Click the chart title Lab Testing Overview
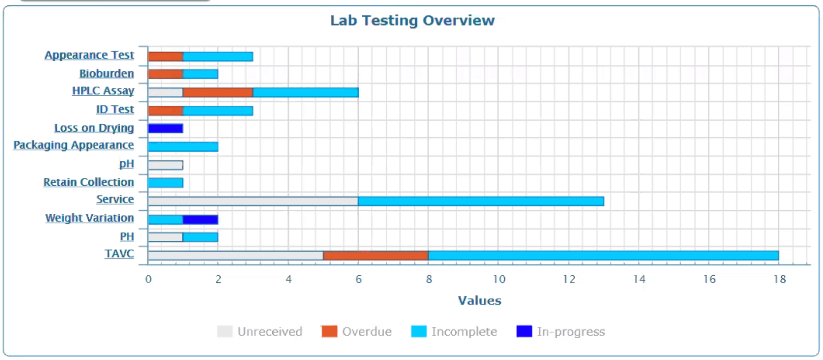[412, 20]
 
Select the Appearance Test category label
[89, 55]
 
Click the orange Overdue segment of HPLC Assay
[218, 92]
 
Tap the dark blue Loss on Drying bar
[165, 129]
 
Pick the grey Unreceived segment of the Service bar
[253, 201]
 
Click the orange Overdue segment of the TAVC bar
[376, 255]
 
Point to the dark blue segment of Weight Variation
[200, 219]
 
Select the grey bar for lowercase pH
[165, 165]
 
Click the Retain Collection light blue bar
[165, 183]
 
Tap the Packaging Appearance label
[74, 145]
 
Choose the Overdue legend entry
[366, 332]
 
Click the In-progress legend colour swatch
[524, 331]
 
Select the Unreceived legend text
[270, 332]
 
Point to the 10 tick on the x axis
[499, 279]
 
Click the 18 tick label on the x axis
[780, 279]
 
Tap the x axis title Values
[479, 301]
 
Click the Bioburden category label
[106, 74]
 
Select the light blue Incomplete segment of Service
[481, 201]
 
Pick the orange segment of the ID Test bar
[165, 111]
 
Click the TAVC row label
[119, 254]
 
